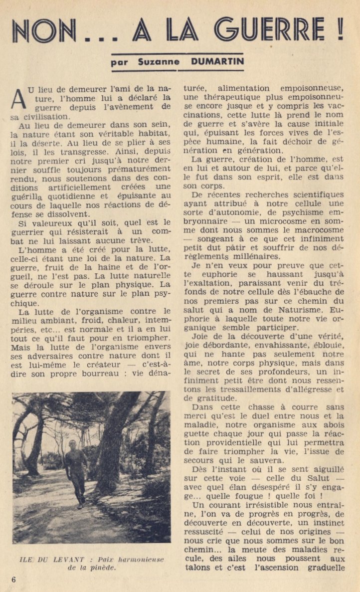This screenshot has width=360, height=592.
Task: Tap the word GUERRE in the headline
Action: click(x=272, y=31)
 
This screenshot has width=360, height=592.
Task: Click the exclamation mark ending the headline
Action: click(x=340, y=30)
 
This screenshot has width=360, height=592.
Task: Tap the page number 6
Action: click(x=13, y=579)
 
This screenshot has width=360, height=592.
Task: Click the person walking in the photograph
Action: click(x=76, y=471)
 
